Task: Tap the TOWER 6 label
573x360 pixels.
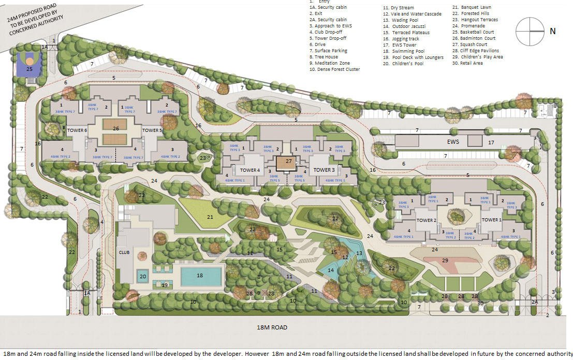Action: [77, 131]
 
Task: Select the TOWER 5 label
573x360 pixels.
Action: [152, 131]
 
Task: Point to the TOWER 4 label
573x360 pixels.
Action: [249, 170]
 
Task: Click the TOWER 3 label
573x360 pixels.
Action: [324, 170]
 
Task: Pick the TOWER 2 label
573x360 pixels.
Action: [427, 220]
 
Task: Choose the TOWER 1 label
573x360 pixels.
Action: [492, 220]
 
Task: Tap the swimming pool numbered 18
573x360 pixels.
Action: [200, 276]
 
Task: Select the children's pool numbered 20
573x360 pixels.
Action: [143, 277]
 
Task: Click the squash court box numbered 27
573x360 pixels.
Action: [288, 162]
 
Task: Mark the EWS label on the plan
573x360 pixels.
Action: [453, 141]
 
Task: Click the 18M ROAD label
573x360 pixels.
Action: [272, 327]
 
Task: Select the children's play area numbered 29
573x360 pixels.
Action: [444, 260]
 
